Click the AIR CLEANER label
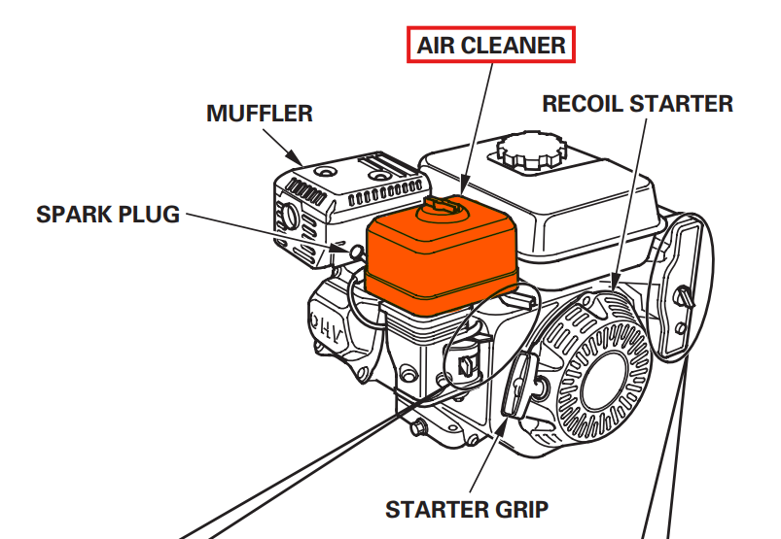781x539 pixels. [491, 45]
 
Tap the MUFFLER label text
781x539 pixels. [260, 114]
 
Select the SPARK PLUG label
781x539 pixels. [108, 215]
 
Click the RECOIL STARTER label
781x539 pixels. [638, 103]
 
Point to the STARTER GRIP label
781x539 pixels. [467, 509]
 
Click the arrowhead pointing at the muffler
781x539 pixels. [297, 157]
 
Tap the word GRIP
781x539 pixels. [522, 509]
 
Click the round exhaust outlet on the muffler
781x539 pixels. [289, 214]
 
